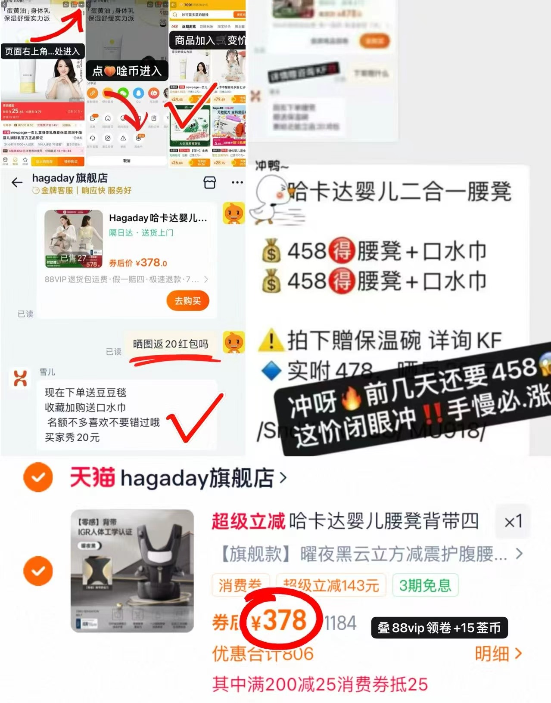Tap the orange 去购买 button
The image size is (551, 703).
187,300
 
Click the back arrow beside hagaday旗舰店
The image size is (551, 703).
17,183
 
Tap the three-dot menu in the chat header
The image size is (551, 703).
237,183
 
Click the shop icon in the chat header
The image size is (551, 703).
210,183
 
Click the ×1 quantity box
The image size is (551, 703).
513,522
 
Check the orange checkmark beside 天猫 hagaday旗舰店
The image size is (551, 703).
38,477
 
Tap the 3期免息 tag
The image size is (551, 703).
425,585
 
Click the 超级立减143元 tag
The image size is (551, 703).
331,585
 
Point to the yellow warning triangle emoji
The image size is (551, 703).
271,341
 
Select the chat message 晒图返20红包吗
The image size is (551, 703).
171,344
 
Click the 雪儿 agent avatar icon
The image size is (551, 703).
20,378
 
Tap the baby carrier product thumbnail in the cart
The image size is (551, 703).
132,570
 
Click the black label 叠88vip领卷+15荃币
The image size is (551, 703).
439,628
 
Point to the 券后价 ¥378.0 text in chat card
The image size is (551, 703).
138,263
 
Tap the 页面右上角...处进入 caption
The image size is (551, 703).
42,51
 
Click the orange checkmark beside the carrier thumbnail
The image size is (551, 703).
38,571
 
